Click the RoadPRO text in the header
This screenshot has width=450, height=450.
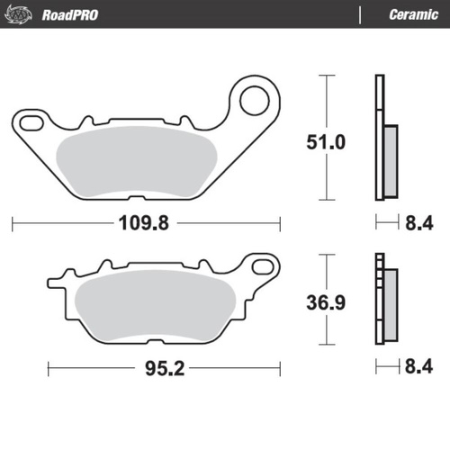70,14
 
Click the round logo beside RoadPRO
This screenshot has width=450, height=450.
22,14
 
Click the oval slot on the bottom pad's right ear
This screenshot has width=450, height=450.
264,265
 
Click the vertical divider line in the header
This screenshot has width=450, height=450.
361,14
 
